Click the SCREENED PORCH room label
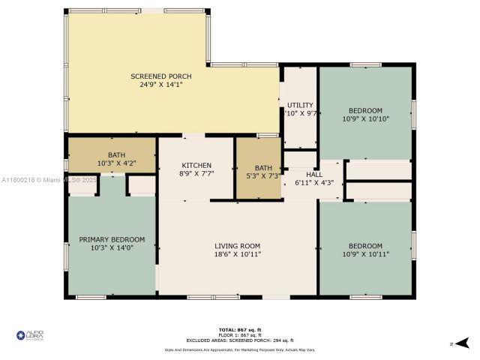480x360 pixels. tap(160, 76)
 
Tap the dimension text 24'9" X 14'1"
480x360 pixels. tap(160, 85)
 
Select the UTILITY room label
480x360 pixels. tap(300, 105)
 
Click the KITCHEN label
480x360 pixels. tap(196, 165)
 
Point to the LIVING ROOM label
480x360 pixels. tap(237, 245)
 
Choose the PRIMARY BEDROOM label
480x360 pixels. tap(112, 240)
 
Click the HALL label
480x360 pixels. tap(313, 174)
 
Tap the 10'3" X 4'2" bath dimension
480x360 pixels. tap(112, 163)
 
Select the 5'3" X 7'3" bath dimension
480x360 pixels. tap(263, 175)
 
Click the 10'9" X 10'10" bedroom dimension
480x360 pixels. tap(366, 118)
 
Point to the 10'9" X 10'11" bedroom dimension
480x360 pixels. tap(366, 254)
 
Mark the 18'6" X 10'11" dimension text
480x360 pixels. tap(237, 254)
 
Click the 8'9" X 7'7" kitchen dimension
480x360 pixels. tap(196, 173)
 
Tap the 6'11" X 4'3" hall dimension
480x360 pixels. tap(313, 182)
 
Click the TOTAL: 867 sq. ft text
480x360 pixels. tap(240, 329)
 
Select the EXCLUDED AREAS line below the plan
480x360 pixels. tap(240, 340)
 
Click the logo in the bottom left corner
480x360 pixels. tap(30, 335)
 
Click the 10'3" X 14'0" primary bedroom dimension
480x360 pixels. tap(112, 249)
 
